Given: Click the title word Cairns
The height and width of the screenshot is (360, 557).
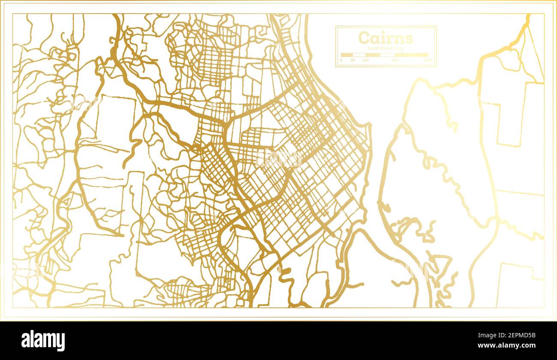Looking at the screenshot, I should (386, 38).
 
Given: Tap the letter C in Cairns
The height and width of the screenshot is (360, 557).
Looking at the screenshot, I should (364, 38).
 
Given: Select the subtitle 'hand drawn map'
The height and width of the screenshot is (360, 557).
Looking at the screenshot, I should (386, 49).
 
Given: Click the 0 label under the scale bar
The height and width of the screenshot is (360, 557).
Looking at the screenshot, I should (341, 60).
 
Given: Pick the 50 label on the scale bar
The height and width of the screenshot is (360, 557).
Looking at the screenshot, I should (353, 60).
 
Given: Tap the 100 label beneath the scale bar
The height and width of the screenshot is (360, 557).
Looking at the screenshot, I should (365, 60).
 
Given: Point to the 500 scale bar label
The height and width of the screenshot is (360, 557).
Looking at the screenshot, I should (395, 60).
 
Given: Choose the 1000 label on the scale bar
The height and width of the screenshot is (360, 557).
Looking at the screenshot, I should (427, 60).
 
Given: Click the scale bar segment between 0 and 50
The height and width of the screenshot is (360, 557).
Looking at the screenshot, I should (347, 55).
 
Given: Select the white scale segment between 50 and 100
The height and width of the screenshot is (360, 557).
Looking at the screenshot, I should (359, 55).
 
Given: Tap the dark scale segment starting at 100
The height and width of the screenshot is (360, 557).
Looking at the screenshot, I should (372, 55).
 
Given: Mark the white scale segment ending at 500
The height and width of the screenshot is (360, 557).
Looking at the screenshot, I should (387, 55).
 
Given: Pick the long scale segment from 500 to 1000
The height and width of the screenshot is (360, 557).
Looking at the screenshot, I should (411, 55).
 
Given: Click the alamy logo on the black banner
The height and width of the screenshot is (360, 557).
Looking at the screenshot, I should (43, 341).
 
